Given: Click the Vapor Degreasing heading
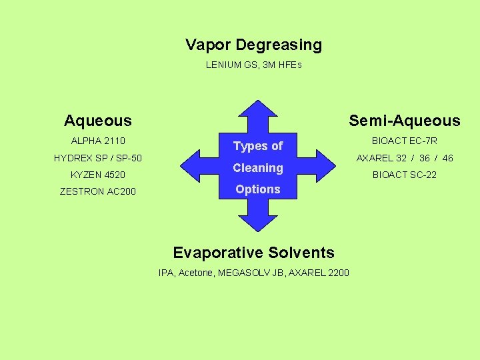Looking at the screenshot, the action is (x=253, y=45).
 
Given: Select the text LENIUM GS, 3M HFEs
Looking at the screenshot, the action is (x=253, y=65).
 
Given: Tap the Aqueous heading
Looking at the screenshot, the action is (x=98, y=121).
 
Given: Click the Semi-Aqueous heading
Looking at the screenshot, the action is (x=405, y=121).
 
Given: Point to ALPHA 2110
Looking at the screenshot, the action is (x=98, y=141).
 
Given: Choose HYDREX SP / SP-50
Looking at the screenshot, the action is (x=98, y=158).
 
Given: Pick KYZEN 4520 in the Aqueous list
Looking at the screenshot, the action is (x=98, y=175).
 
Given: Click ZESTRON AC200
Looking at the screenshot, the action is (x=98, y=191).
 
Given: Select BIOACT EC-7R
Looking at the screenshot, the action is (x=405, y=141).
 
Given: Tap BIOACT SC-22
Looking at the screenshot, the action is (x=405, y=175).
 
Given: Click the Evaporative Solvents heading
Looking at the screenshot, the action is (x=253, y=253).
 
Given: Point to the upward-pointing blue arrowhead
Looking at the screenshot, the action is (x=257, y=110).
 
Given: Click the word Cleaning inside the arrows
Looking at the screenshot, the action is (x=258, y=168).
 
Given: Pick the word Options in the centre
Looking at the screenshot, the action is (x=258, y=189).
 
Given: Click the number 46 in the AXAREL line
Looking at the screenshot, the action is (x=447, y=158).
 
